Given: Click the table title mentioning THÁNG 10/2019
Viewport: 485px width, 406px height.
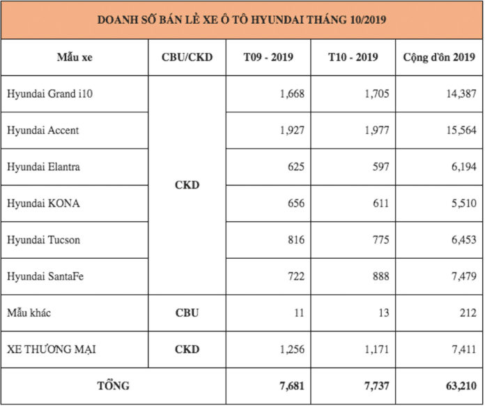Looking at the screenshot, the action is point(242,20).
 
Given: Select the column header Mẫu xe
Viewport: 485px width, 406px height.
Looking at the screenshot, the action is point(75,57).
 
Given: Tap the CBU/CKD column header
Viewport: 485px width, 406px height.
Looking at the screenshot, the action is point(187,57).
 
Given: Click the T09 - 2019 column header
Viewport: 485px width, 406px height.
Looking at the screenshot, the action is point(268,57).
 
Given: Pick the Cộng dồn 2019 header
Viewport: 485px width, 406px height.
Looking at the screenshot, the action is point(439,57).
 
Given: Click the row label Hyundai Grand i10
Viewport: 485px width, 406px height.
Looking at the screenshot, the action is point(49,94).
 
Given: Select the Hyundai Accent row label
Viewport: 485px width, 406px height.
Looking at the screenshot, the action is point(43,130).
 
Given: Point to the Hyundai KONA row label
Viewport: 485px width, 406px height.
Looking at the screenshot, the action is point(43,204).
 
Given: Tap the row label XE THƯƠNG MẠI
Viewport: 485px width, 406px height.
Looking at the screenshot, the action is point(52,349).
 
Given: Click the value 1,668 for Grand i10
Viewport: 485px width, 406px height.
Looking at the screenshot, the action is point(292,94).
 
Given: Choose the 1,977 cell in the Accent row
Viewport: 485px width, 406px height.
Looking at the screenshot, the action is point(377,130).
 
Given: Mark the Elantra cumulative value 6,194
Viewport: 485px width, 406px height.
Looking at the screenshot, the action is point(464,167).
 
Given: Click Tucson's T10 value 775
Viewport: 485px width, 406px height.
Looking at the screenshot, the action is point(380,240).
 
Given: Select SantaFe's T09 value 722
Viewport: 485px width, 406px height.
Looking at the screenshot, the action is point(296,276).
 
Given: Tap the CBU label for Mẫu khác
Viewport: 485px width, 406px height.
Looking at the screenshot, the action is point(187,313).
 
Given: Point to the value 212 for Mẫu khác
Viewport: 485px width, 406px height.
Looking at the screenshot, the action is point(468,313).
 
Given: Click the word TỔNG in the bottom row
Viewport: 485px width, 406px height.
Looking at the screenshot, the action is point(113,386).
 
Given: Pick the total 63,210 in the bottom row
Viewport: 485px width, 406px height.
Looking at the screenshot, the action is point(461,386).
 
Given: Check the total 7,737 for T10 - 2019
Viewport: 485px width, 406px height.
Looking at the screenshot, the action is point(377,386).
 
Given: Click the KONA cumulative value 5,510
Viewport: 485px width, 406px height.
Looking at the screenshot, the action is point(464,204).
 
